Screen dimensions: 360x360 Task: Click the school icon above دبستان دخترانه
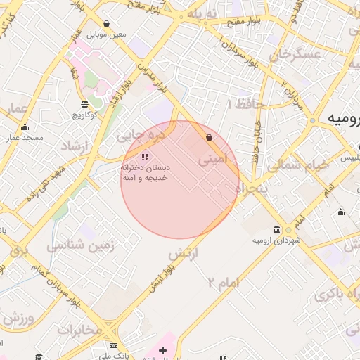tap(145, 157)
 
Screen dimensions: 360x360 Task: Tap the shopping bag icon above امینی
tap(209, 138)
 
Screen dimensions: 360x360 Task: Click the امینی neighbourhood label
tap(213, 159)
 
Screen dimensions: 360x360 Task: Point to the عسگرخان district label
tap(285, 53)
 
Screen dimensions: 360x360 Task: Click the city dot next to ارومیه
tap(313, 121)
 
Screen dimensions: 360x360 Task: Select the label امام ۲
tap(224, 282)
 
